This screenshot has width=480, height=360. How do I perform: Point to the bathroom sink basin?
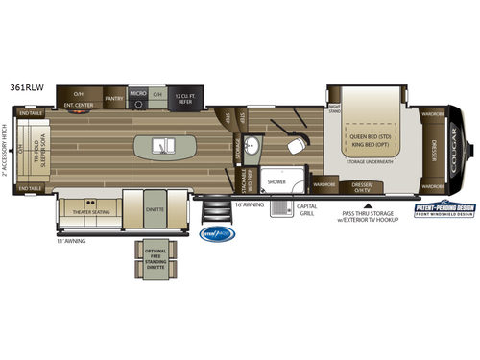pos(252,147)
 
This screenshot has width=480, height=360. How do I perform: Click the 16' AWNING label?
pos(247,204)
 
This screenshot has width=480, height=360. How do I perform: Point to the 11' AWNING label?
pos(71,240)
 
